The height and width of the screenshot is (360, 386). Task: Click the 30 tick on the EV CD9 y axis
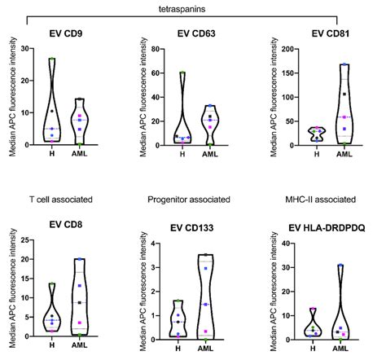click(x=25, y=48)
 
